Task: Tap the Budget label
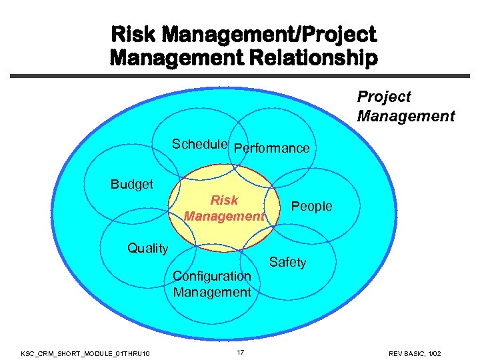(132, 184)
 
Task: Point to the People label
(312, 206)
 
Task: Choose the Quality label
(147, 248)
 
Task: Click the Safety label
(287, 262)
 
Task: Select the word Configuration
(212, 276)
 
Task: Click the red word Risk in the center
(224, 200)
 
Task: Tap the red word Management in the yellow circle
(224, 216)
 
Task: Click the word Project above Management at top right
(384, 97)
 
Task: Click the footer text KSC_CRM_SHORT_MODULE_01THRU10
(85, 352)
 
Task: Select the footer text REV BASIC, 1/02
(415, 352)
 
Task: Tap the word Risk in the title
(131, 33)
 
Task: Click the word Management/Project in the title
(267, 33)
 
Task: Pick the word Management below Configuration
(212, 292)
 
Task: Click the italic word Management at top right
(406, 116)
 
